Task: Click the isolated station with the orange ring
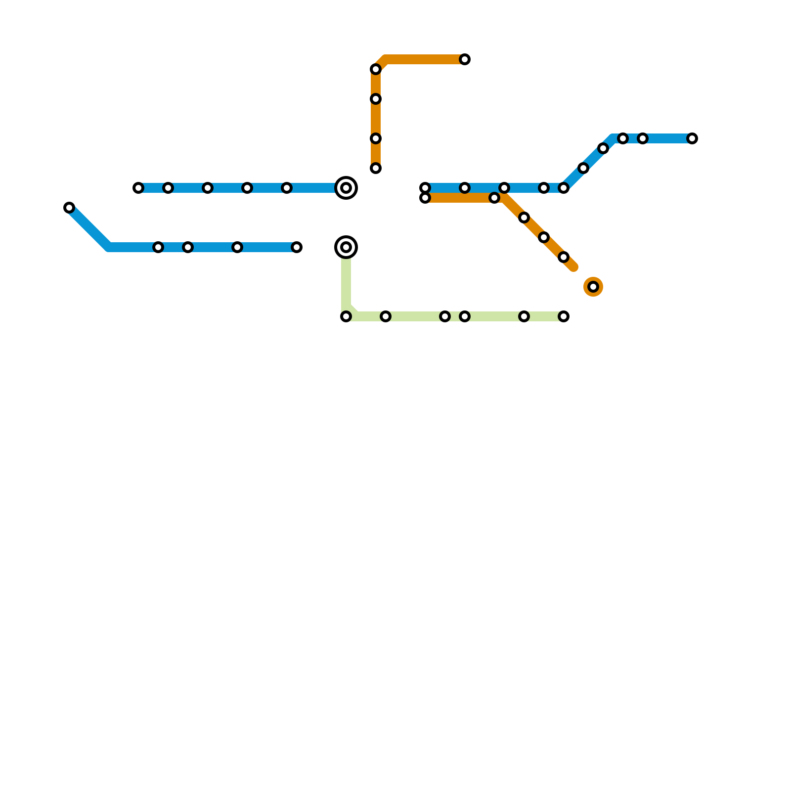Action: coord(593,287)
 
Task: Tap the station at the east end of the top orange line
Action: coord(465,59)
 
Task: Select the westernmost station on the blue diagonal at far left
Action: coord(69,208)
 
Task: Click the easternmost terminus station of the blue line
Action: coord(692,138)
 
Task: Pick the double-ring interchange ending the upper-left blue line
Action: coord(346,188)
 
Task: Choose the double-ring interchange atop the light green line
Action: coord(346,247)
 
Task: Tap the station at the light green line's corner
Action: coord(346,316)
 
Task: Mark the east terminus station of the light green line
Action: coord(564,316)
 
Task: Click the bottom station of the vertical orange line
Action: coord(376,168)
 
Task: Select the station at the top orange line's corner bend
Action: coord(376,69)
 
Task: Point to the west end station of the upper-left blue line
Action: coord(138,188)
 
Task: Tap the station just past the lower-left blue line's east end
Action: coord(297,247)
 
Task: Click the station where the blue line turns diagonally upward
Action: coord(564,188)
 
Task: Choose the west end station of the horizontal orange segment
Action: coord(425,198)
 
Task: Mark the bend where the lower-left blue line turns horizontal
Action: coord(109,247)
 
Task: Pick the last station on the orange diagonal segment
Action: coord(564,257)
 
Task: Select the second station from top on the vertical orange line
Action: coord(376,99)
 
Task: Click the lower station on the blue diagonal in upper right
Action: coord(583,168)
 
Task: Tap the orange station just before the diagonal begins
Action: coord(494,198)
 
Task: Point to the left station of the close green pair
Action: coord(445,316)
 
